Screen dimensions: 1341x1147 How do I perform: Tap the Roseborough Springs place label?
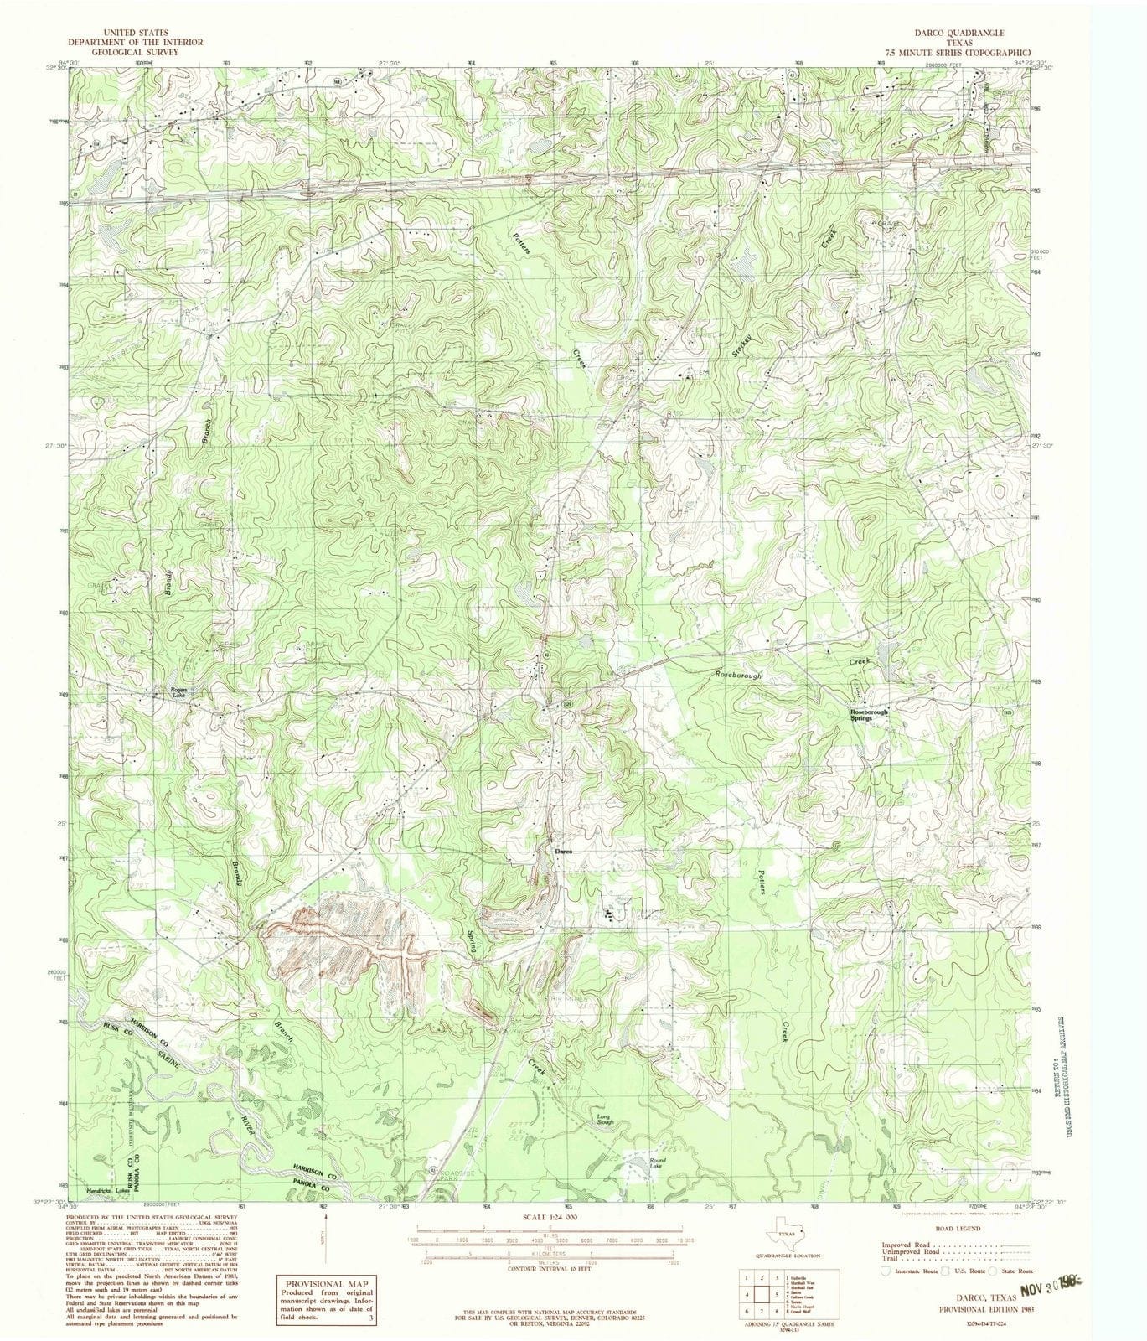click(864, 715)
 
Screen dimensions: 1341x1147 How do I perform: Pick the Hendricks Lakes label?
click(109, 1190)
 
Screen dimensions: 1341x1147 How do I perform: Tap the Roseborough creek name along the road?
click(738, 674)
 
